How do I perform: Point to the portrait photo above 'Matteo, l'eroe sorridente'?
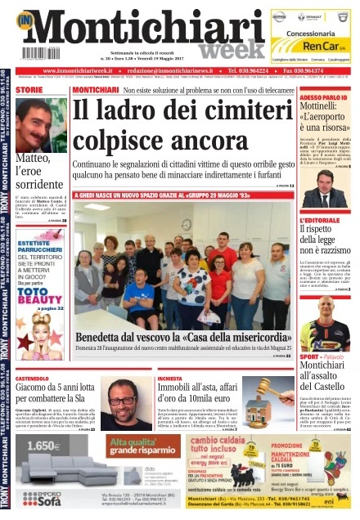click(x=41, y=123)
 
